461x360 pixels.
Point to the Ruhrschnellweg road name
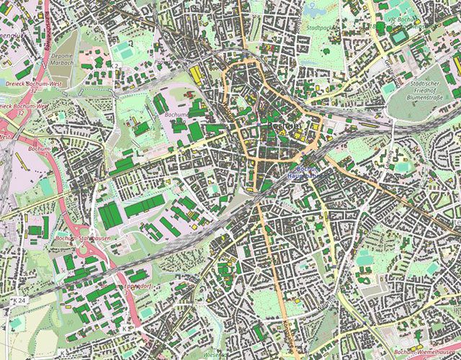point(48,29)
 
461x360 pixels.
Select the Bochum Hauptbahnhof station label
point(303,173)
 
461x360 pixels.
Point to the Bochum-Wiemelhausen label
point(424,351)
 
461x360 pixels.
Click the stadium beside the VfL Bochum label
point(399,34)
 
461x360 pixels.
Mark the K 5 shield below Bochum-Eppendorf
point(125,328)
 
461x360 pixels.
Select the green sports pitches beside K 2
point(127,52)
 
